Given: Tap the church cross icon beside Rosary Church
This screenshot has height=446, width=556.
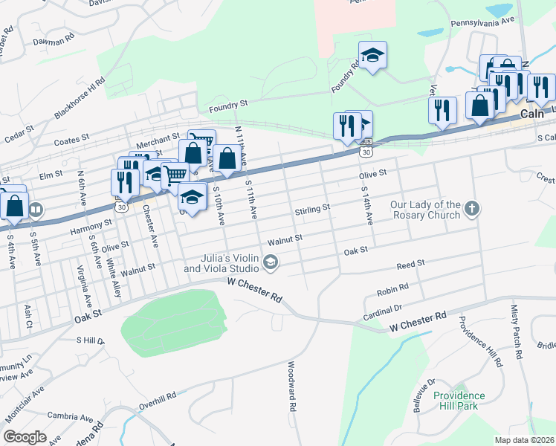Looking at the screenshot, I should click(471, 210).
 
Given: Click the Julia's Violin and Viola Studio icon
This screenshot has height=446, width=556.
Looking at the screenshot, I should click(271, 261).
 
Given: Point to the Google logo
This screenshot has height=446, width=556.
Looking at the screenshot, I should click(25, 436).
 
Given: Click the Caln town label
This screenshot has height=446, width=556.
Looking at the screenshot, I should click(531, 114).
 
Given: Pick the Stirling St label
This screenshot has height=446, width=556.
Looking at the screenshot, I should click(312, 210).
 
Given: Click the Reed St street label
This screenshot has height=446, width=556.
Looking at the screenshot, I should click(410, 264).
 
